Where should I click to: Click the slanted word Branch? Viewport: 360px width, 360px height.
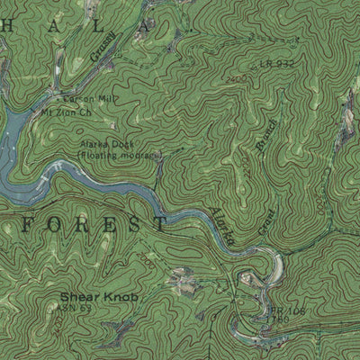coord(265,138)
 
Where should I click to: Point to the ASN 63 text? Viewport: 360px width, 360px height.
coord(79,308)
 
